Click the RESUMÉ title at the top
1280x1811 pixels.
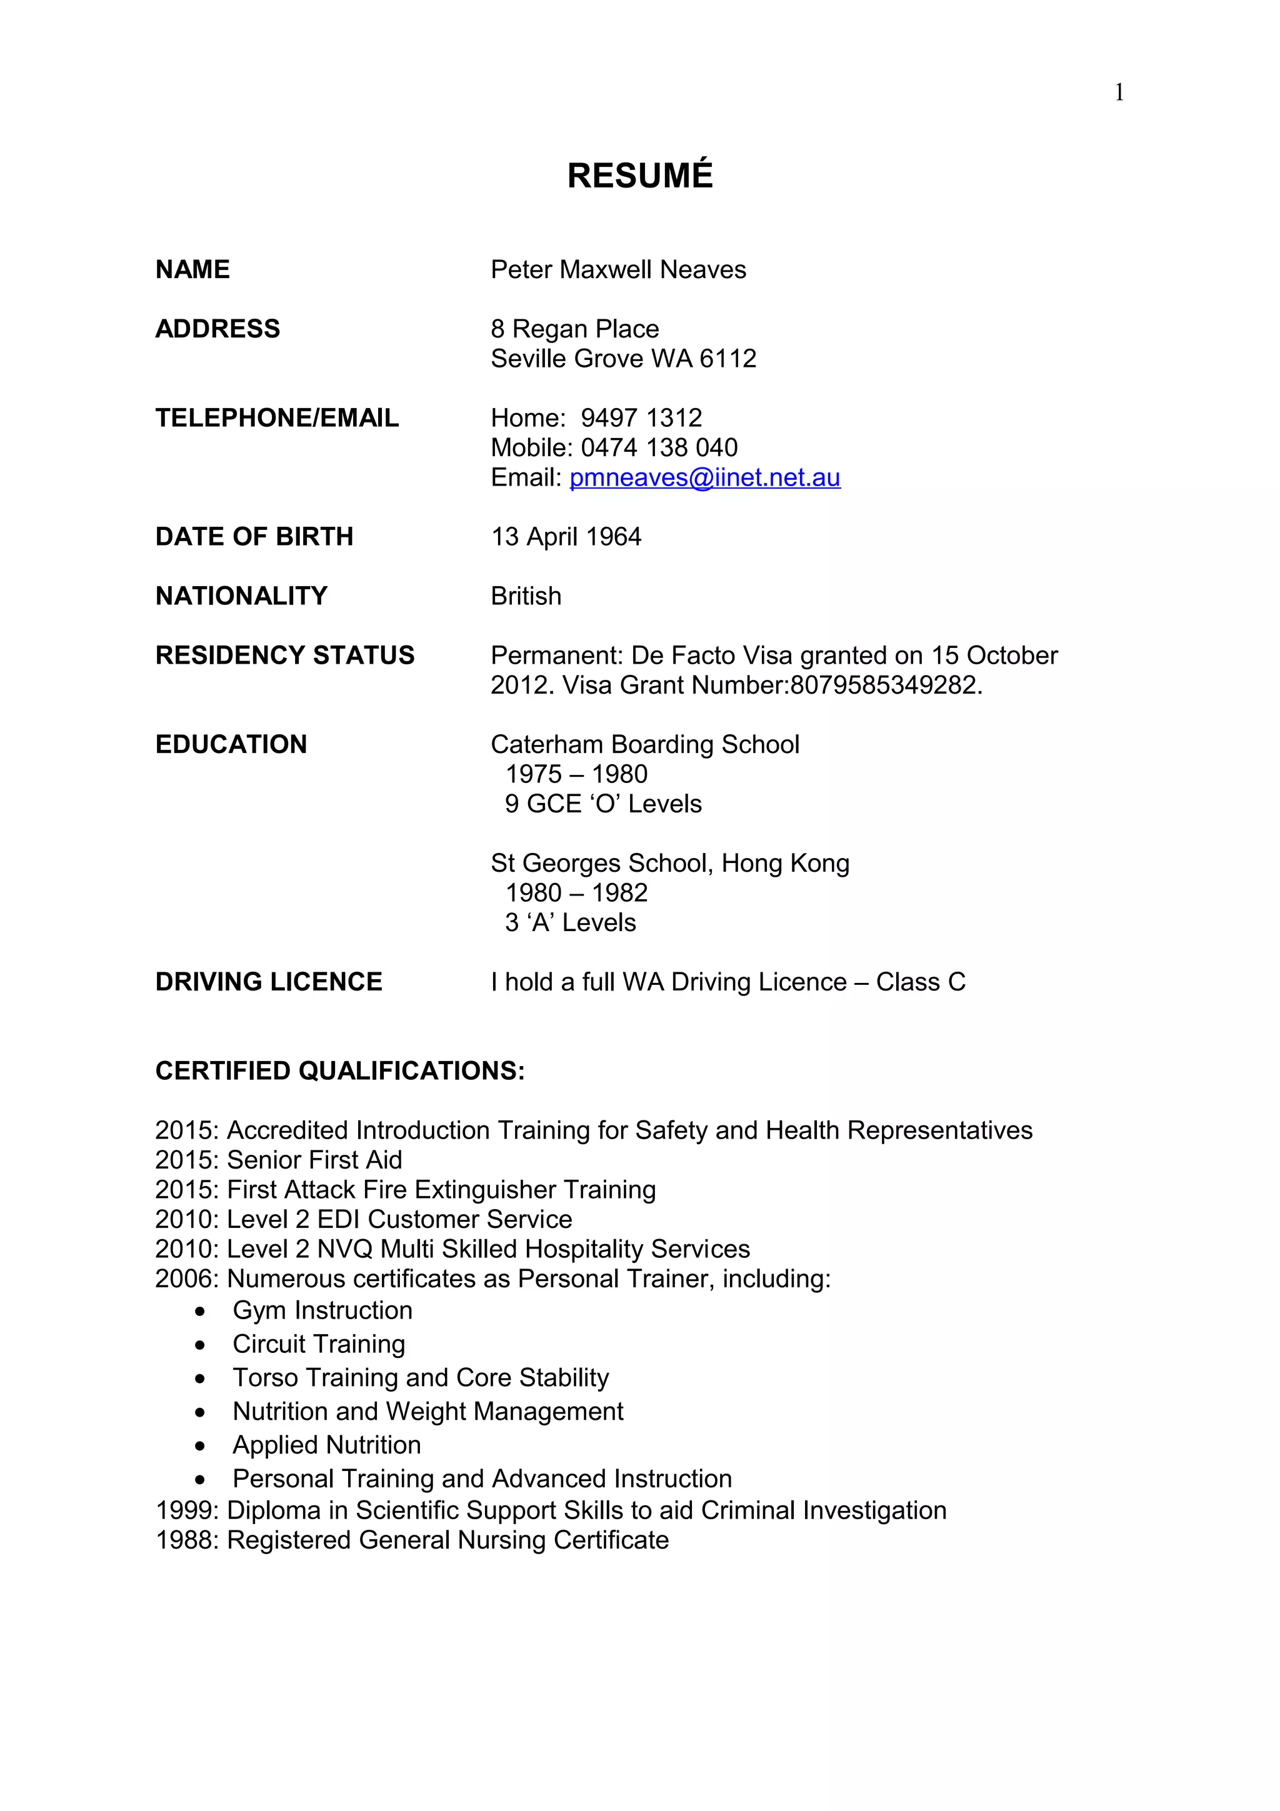point(639,175)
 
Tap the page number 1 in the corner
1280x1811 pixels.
point(1118,93)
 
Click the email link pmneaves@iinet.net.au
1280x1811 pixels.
point(704,477)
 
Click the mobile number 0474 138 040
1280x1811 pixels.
point(659,448)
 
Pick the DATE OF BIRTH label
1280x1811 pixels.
point(254,536)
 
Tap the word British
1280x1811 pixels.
point(526,596)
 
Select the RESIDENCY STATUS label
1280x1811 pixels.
point(285,656)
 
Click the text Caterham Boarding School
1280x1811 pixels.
point(644,745)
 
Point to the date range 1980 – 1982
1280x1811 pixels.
point(576,893)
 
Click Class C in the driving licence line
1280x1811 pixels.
point(921,982)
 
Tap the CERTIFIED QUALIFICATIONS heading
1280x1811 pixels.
point(340,1071)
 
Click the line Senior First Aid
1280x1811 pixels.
point(314,1160)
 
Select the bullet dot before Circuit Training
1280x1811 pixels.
point(201,1345)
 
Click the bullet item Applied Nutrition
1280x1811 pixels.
point(326,1445)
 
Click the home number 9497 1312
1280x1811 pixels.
point(641,418)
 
